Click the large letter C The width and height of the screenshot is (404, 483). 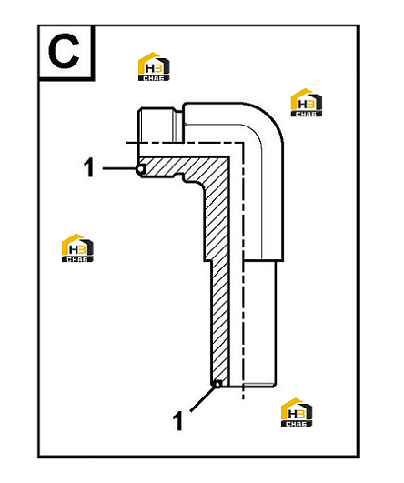click(64, 51)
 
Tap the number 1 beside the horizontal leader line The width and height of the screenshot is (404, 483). click(89, 168)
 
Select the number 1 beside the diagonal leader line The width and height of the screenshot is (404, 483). click(177, 421)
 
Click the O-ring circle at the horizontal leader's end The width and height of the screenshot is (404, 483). click(141, 169)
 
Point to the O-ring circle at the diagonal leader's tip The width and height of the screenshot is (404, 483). click(217, 384)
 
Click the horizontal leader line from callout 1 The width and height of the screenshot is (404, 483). click(119, 168)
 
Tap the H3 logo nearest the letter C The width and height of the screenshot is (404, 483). click(154, 66)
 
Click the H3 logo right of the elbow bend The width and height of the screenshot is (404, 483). click(307, 103)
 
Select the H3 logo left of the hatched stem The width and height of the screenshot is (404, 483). click(77, 248)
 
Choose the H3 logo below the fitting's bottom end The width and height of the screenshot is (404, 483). click(297, 412)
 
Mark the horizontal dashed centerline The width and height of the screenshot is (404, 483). click(185, 143)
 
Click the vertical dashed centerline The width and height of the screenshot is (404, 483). click(244, 271)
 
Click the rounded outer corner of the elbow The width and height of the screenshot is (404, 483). click(272, 117)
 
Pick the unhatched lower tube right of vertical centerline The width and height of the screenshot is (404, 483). click(259, 324)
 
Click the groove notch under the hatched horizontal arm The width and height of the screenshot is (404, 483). click(179, 178)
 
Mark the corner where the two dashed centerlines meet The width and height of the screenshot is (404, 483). click(244, 143)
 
